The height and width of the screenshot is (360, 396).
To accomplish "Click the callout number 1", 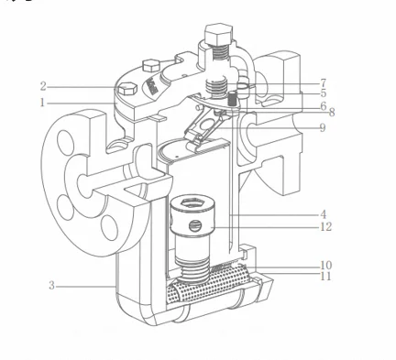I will click(42, 103).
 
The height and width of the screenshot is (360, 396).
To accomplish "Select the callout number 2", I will click(42, 86).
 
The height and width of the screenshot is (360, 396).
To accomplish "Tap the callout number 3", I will click(51, 285).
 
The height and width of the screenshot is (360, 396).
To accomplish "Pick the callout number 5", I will click(324, 93).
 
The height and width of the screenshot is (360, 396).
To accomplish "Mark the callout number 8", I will click(330, 114).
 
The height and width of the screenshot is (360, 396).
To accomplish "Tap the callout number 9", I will click(324, 127).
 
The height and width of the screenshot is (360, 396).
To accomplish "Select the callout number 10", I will click(326, 266).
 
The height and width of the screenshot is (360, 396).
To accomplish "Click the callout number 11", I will click(326, 276).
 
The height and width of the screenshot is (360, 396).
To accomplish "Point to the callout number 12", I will click(326, 226).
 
